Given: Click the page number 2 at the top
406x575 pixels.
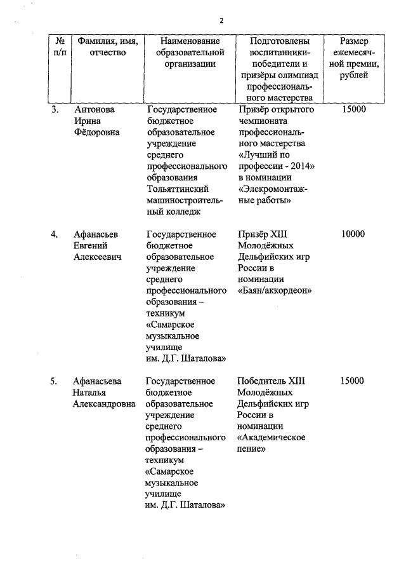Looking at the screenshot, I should [x=221, y=20].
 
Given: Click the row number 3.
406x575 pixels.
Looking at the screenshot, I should [x=55, y=109].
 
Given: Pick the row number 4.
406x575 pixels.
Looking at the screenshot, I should [x=55, y=234].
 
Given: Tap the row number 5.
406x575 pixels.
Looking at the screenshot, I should [x=55, y=381].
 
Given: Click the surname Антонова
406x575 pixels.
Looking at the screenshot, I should [x=94, y=109].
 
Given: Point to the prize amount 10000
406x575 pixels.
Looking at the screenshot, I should [x=353, y=234].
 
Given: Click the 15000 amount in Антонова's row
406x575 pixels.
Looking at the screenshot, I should [x=353, y=109].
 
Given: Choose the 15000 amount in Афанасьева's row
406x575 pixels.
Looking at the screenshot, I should [x=353, y=381].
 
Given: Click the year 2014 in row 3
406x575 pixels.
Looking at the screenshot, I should [x=304, y=166].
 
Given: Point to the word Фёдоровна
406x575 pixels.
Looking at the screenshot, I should [x=97, y=132].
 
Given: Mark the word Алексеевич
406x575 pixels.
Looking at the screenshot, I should [x=97, y=257].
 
